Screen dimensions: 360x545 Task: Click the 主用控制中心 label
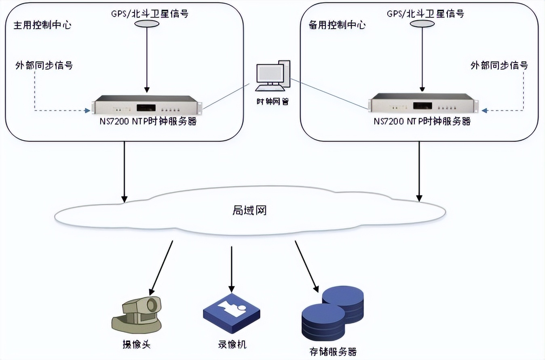pos(43,25)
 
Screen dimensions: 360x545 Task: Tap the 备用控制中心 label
pos(337,25)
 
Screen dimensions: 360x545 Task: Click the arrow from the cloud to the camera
pos(161,267)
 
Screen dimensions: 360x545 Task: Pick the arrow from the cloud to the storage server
pos(306,267)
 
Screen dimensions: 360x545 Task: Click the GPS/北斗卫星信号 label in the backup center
pos(425,13)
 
